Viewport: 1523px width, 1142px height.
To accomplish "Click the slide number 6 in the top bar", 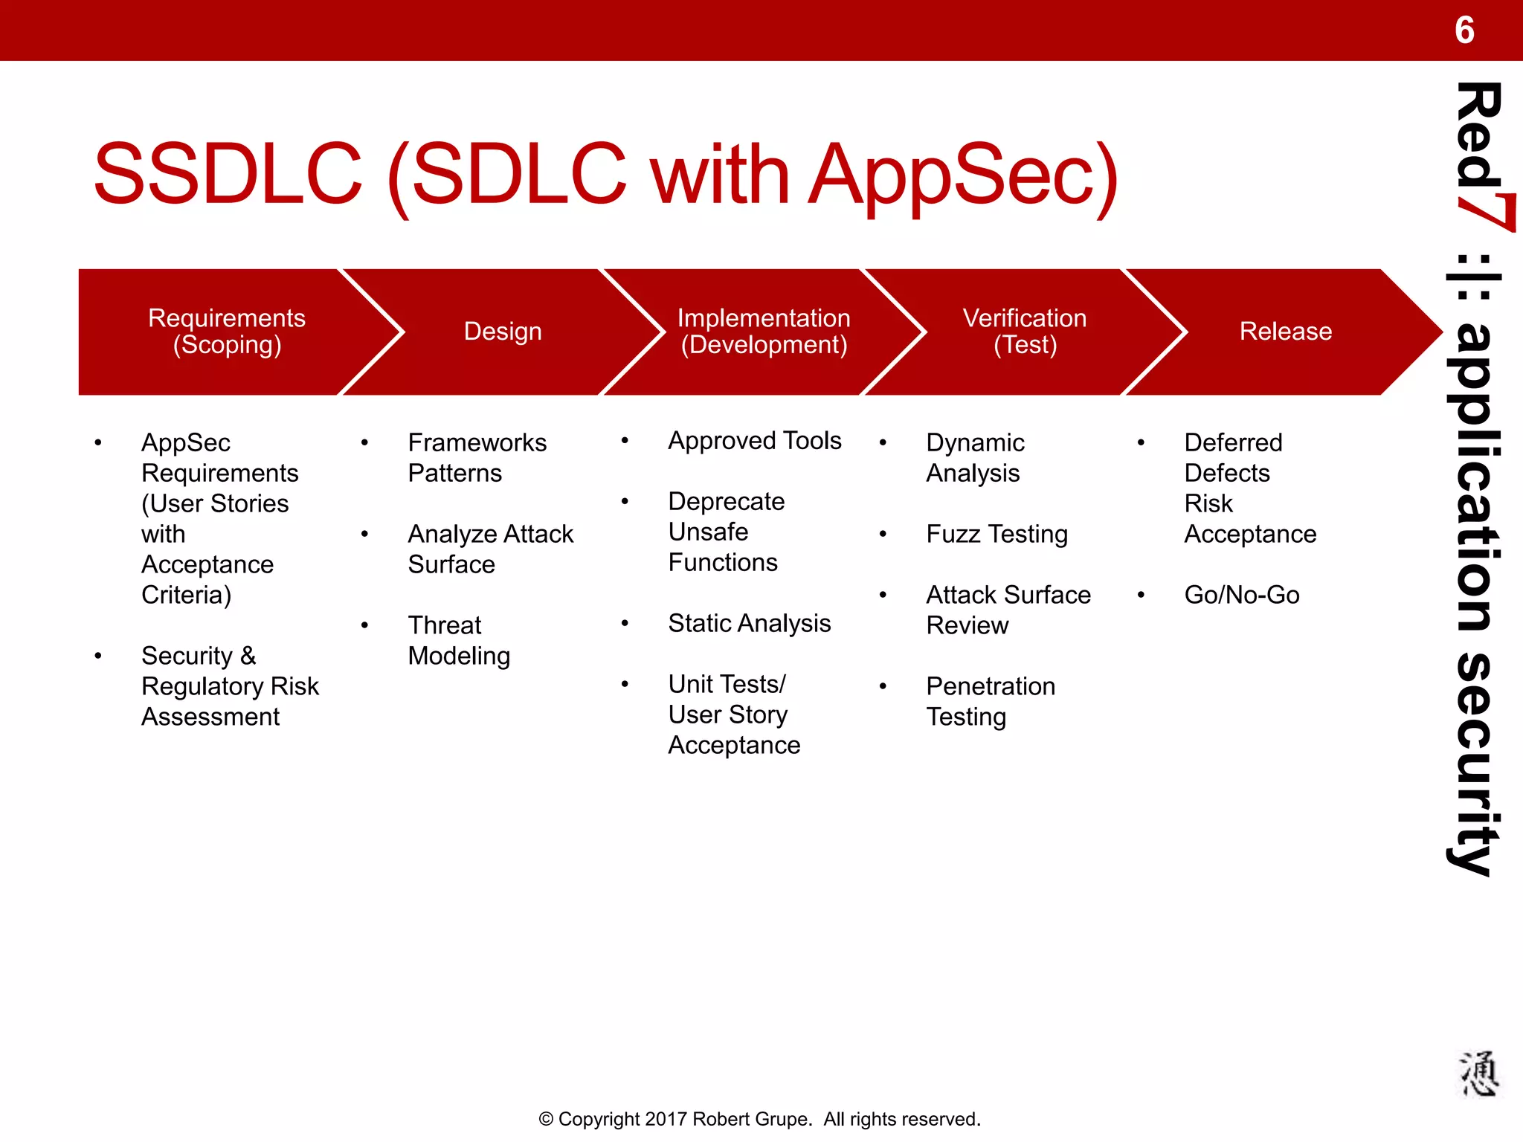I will tap(1464, 30).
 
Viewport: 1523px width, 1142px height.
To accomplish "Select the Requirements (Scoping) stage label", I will tap(227, 331).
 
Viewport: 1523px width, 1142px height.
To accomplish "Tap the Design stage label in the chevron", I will tap(503, 331).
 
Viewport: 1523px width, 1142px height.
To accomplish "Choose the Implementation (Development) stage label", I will tap(764, 331).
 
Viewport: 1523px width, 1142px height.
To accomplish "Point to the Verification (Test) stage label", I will tap(1025, 331).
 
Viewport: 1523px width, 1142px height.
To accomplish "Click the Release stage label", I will tap(1285, 331).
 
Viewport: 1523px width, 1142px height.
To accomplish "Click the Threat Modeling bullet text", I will tap(459, 640).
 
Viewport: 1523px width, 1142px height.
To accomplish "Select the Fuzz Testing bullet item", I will tap(996, 534).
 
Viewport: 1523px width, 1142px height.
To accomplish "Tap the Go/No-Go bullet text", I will tap(1241, 595).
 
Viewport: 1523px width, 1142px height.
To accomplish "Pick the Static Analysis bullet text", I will tap(749, 623).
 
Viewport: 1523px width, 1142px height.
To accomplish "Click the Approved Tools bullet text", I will tap(754, 441).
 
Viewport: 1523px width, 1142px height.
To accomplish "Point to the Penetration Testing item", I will tap(990, 701).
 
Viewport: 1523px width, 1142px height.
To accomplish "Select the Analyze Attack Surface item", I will tap(490, 549).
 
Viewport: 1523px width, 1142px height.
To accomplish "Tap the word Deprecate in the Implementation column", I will tap(726, 502).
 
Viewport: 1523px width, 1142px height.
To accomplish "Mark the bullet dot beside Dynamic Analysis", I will tap(883, 443).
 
